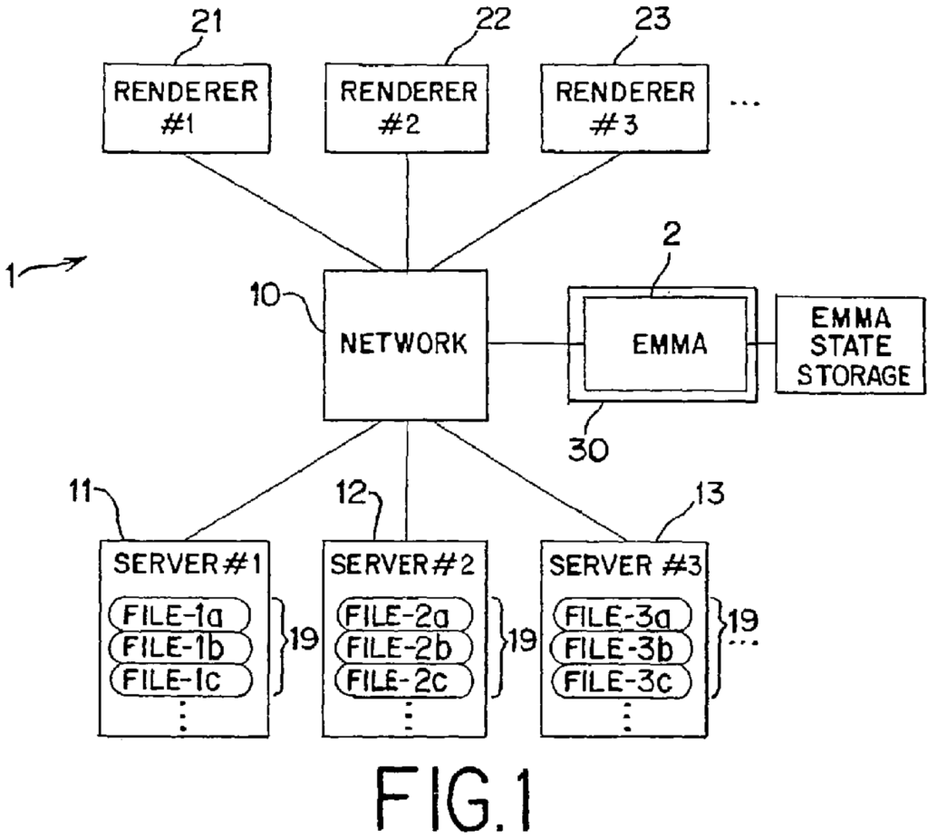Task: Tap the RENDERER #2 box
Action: coord(407,108)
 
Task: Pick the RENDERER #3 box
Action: coord(624,108)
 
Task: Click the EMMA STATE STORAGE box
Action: coord(850,346)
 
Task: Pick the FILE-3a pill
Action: coord(623,617)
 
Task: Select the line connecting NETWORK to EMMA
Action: coord(528,344)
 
